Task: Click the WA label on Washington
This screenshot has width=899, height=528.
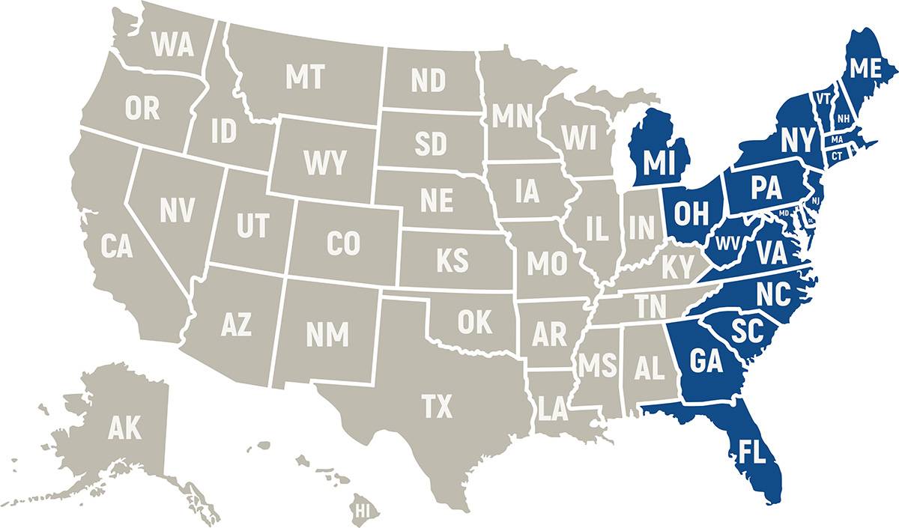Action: pos(173,46)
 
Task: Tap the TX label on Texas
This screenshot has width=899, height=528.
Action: pos(437,407)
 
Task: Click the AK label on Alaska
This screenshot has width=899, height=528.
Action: pos(124,428)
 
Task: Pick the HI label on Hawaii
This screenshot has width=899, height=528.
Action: pos(363,512)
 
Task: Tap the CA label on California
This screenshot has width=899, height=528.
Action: pos(118,246)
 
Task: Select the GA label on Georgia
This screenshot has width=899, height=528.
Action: pos(706,362)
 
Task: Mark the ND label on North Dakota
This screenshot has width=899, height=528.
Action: pos(429,81)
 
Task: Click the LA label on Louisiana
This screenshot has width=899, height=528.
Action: pos(553,408)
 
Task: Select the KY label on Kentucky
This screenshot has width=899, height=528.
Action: pos(676,266)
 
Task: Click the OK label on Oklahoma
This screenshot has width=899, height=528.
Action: pos(476,322)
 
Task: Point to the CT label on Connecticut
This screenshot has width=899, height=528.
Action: pos(837,155)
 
